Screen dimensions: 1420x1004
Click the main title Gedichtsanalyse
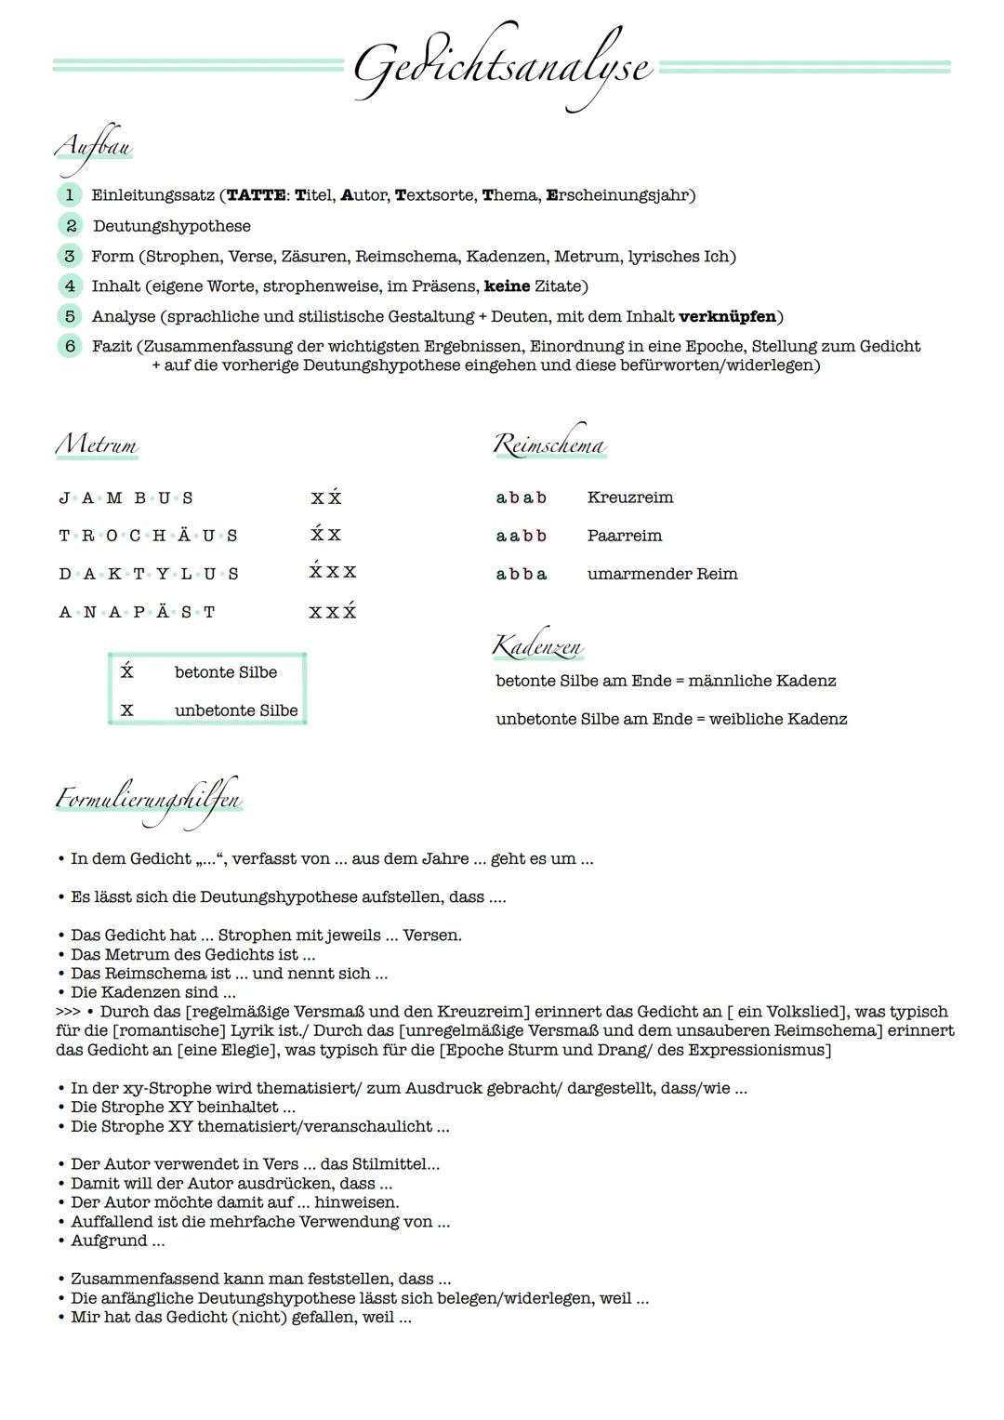[502, 68]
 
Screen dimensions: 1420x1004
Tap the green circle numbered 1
[69, 195]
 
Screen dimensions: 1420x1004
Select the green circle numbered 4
[69, 286]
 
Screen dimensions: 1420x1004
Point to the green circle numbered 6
[69, 347]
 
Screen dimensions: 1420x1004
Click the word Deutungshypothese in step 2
[172, 227]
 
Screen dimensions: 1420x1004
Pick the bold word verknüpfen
[728, 317]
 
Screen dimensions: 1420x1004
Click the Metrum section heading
[97, 445]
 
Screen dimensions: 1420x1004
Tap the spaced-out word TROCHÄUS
[148, 537]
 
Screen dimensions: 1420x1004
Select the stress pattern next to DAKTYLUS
[333, 573]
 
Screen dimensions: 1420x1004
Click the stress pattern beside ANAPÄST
[333, 613]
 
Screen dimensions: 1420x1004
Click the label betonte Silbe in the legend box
[225, 672]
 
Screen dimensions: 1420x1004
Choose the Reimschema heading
[549, 446]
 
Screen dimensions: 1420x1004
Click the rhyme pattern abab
[521, 498]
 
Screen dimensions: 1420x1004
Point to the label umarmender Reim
[662, 575]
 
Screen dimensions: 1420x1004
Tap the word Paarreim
[625, 537]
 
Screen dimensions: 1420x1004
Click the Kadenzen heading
[537, 645]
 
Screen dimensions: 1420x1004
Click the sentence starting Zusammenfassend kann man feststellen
[260, 1280]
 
